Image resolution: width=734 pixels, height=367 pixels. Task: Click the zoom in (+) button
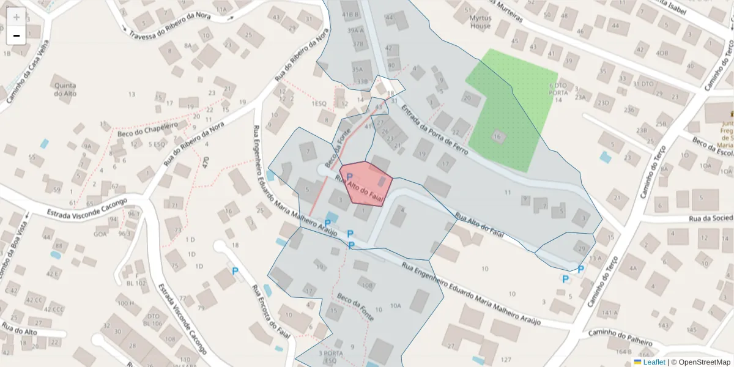(17, 17)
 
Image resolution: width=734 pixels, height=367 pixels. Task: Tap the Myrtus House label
(480, 23)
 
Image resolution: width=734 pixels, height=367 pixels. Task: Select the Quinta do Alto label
(65, 89)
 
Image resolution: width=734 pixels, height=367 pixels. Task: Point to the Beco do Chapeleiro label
(147, 128)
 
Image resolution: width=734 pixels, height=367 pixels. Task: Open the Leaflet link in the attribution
(654, 362)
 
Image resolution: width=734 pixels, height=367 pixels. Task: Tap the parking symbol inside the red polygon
(349, 177)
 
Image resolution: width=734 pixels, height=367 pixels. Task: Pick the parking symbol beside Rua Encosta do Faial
(234, 270)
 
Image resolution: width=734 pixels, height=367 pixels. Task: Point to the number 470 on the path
(206, 163)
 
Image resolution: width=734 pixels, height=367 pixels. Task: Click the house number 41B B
(350, 14)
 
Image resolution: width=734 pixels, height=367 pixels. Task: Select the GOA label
(100, 234)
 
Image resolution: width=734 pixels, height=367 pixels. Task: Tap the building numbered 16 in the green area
(499, 136)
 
